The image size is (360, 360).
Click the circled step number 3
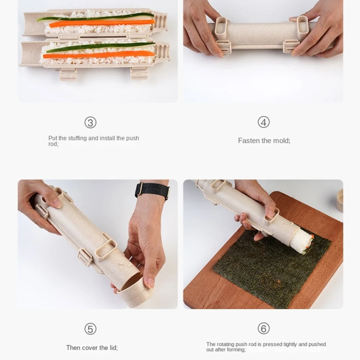pyautogui.click(x=90, y=122)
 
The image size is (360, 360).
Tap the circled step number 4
pyautogui.click(x=264, y=122)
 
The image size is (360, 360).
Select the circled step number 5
pyautogui.click(x=90, y=329)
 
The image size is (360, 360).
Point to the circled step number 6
pyautogui.click(x=264, y=328)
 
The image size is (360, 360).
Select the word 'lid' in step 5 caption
pyautogui.click(x=113, y=348)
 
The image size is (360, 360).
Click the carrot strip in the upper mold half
pyautogui.click(x=102, y=23)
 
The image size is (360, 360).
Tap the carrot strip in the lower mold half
pyautogui.click(x=99, y=54)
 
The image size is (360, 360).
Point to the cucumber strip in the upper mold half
pyautogui.click(x=95, y=17)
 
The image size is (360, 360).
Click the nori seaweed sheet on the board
pyautogui.click(x=272, y=269)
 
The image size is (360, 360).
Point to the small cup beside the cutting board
pyautogui.click(x=340, y=200)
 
